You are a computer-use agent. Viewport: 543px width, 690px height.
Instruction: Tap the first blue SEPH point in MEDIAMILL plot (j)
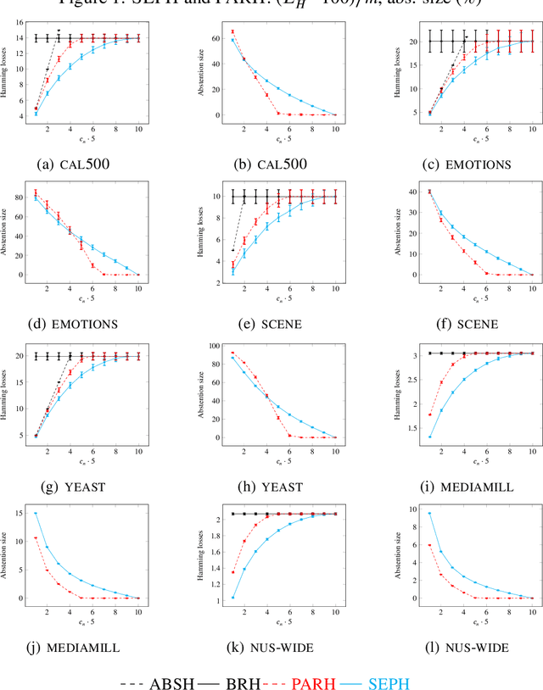click(35, 513)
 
